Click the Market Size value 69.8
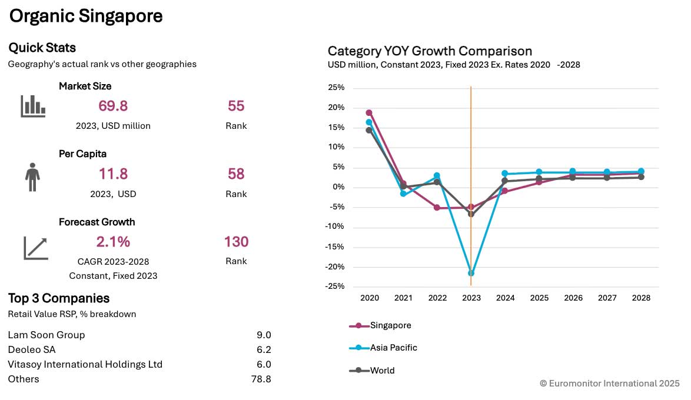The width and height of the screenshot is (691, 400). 112,106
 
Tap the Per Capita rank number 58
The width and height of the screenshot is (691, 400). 236,174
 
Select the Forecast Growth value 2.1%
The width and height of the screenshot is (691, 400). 113,242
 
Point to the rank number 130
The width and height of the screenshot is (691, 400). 236,242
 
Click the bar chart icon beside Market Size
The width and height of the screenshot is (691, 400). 33,106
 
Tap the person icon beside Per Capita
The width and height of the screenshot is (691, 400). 32,177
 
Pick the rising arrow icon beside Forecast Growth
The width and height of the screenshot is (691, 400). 35,248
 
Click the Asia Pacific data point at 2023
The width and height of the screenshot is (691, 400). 471,273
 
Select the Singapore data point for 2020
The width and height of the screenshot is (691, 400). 369,112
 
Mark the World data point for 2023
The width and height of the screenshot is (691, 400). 471,214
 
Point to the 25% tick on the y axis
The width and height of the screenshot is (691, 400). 336,88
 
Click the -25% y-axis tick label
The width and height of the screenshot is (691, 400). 335,286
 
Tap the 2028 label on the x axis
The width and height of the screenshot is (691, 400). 641,298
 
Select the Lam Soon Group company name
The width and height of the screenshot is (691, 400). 46,335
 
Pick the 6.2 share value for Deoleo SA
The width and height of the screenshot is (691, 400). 264,349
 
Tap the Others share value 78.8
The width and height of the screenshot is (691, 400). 261,379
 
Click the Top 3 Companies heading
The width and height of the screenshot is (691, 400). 59,298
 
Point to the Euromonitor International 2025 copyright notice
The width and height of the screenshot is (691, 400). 609,383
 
